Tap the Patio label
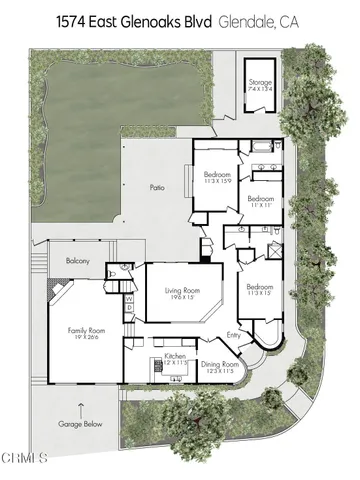tap(156, 186)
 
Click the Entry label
tap(234, 336)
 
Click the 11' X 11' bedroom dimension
tap(261, 203)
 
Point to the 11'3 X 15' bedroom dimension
tap(260, 293)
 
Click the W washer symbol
tap(129, 297)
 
